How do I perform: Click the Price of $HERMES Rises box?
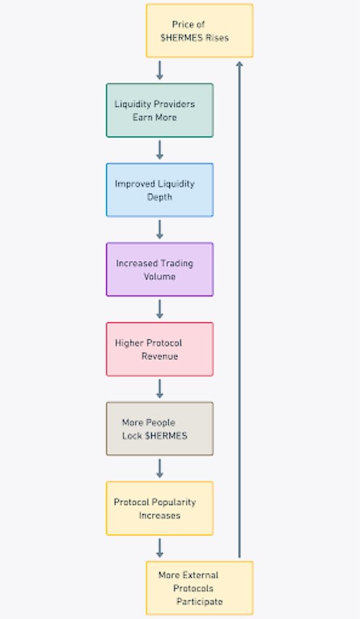click(x=200, y=31)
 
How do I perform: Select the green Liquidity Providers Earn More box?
click(x=160, y=111)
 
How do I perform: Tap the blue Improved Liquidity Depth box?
click(x=160, y=190)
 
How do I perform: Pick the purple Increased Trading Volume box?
click(x=160, y=269)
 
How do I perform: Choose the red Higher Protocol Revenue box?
click(x=160, y=349)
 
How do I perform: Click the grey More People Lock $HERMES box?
click(x=160, y=429)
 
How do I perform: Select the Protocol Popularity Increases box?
click(x=160, y=508)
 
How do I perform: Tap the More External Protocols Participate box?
click(x=200, y=587)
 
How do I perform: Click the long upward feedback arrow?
click(x=239, y=309)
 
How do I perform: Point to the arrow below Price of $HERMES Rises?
click(x=159, y=70)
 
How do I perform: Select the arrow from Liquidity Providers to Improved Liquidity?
click(x=159, y=150)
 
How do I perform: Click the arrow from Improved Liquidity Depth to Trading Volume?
click(x=159, y=230)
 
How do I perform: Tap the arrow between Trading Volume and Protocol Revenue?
click(x=159, y=309)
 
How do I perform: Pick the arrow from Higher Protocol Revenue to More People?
click(x=159, y=389)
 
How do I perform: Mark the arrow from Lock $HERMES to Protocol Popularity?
click(x=159, y=468)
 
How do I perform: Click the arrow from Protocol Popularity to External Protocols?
click(x=159, y=548)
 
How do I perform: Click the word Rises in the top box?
click(x=217, y=38)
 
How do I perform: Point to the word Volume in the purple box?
click(x=159, y=277)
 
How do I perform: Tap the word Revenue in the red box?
click(x=160, y=356)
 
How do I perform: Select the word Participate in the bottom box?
click(x=200, y=602)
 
